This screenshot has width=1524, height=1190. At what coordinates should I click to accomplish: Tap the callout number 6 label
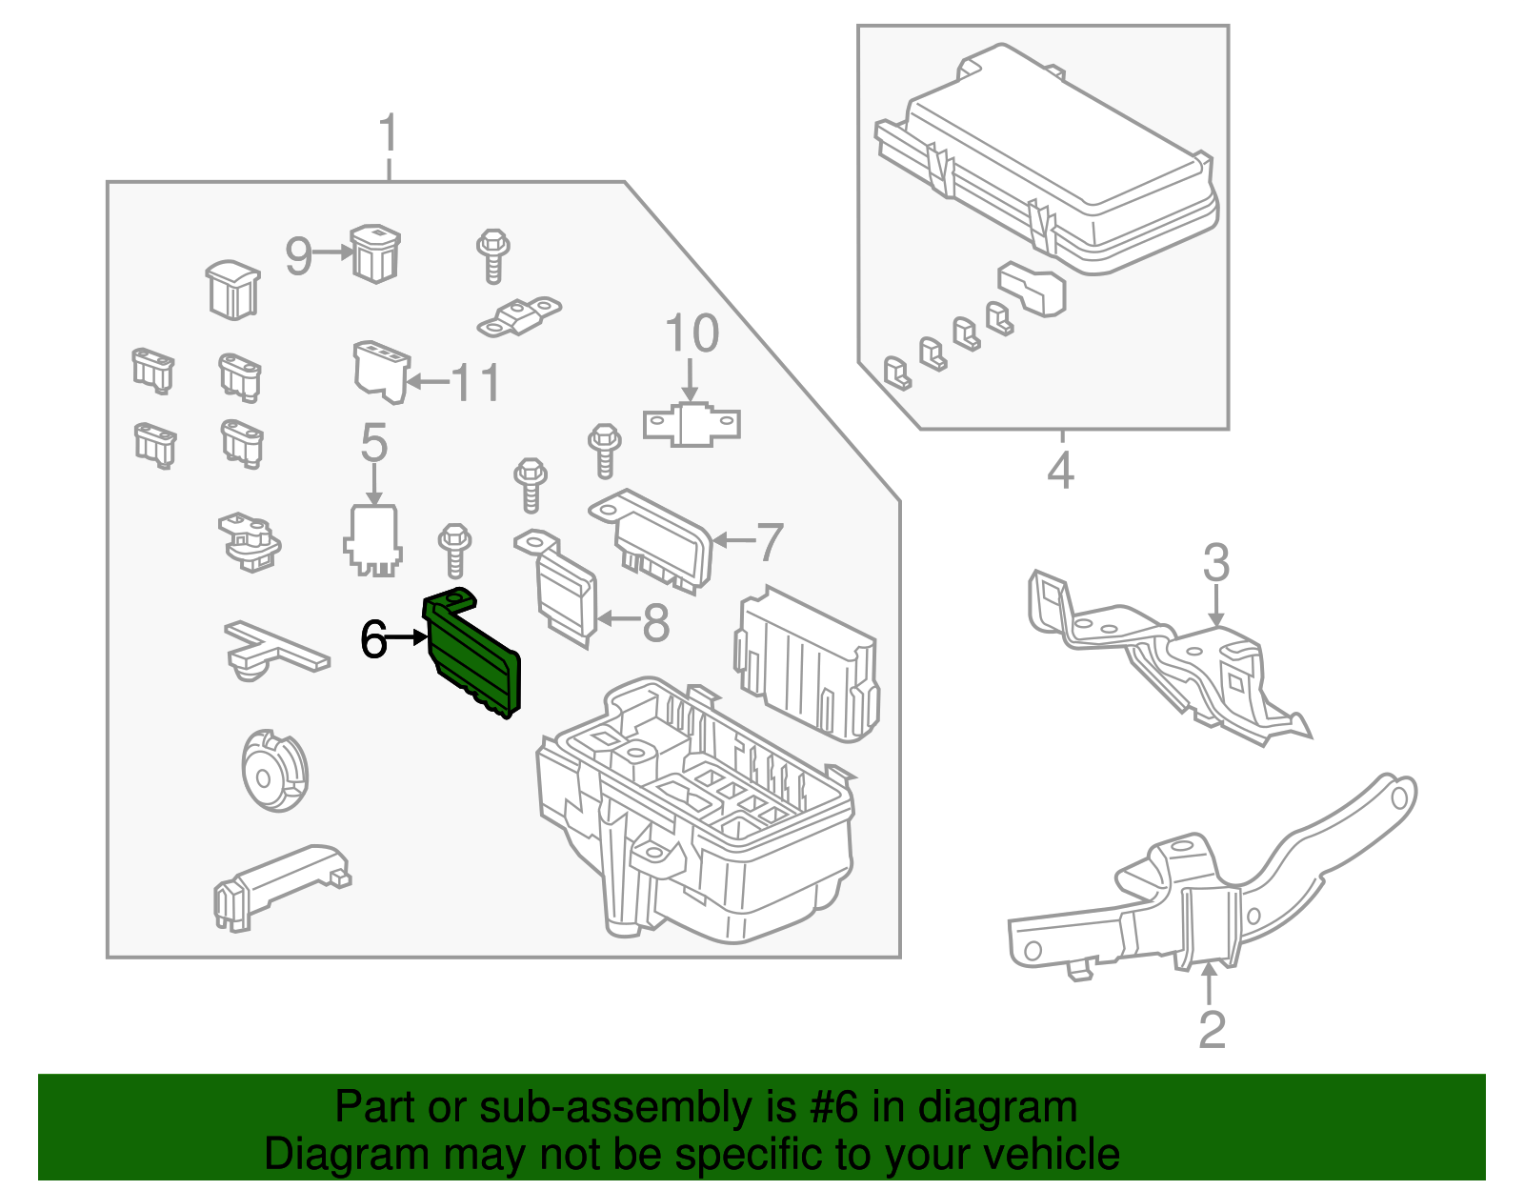(373, 639)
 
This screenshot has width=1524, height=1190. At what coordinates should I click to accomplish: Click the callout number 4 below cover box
(1060, 471)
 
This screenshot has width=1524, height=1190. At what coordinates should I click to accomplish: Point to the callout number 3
(1216, 563)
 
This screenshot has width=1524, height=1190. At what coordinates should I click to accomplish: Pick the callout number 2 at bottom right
(1212, 1030)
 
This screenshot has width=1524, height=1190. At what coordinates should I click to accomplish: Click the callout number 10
(692, 334)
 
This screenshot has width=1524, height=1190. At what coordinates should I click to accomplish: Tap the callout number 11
(475, 383)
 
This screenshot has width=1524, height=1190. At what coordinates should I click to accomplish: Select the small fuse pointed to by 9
(375, 253)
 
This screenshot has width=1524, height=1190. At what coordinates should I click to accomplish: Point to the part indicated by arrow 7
(657, 543)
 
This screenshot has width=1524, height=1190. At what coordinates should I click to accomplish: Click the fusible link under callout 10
(692, 425)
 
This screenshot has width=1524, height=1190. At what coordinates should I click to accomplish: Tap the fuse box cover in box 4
(1048, 157)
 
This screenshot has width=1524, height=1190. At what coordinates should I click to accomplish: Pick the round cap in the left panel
(274, 772)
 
